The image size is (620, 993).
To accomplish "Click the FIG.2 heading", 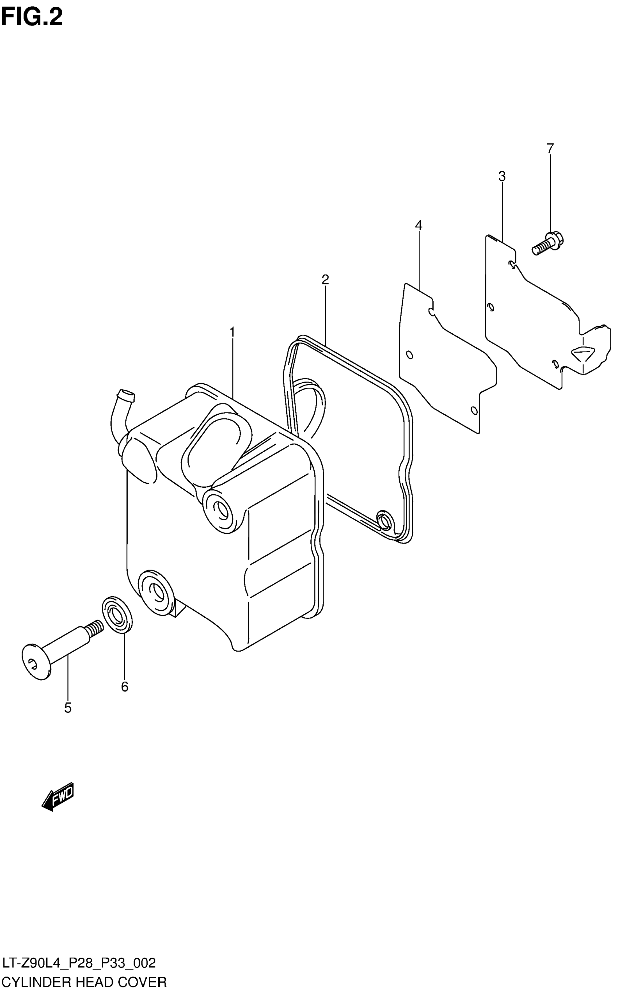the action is point(32,17).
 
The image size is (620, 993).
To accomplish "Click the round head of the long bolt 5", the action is point(36,662).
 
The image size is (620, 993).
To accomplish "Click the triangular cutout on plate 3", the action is point(583,353).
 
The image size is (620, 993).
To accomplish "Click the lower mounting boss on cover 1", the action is point(156,592).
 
